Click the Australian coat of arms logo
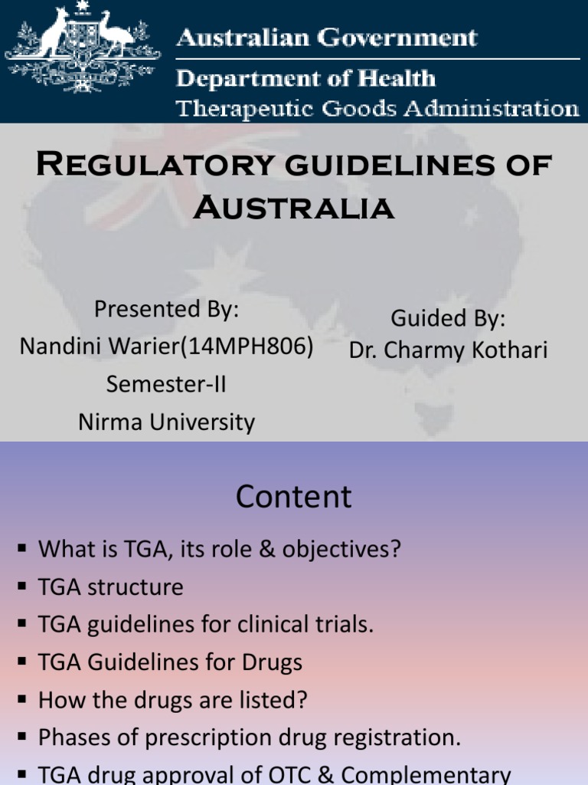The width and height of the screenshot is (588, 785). point(83,48)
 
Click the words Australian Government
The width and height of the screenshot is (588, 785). point(326,38)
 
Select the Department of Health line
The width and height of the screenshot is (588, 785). point(306,78)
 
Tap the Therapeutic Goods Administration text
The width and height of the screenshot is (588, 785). point(377,108)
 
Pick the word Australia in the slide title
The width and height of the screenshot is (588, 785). point(293,207)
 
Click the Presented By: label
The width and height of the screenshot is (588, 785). point(166,310)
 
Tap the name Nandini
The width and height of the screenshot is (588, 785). point(57,347)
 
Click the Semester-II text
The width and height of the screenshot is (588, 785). point(166,383)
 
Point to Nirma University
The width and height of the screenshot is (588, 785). point(166,422)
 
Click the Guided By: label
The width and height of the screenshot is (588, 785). point(448,317)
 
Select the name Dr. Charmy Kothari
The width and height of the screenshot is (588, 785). point(448,350)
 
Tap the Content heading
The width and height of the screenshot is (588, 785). point(293,497)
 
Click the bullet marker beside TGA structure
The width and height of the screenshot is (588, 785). point(21,587)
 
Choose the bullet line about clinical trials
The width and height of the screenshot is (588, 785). point(205,625)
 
